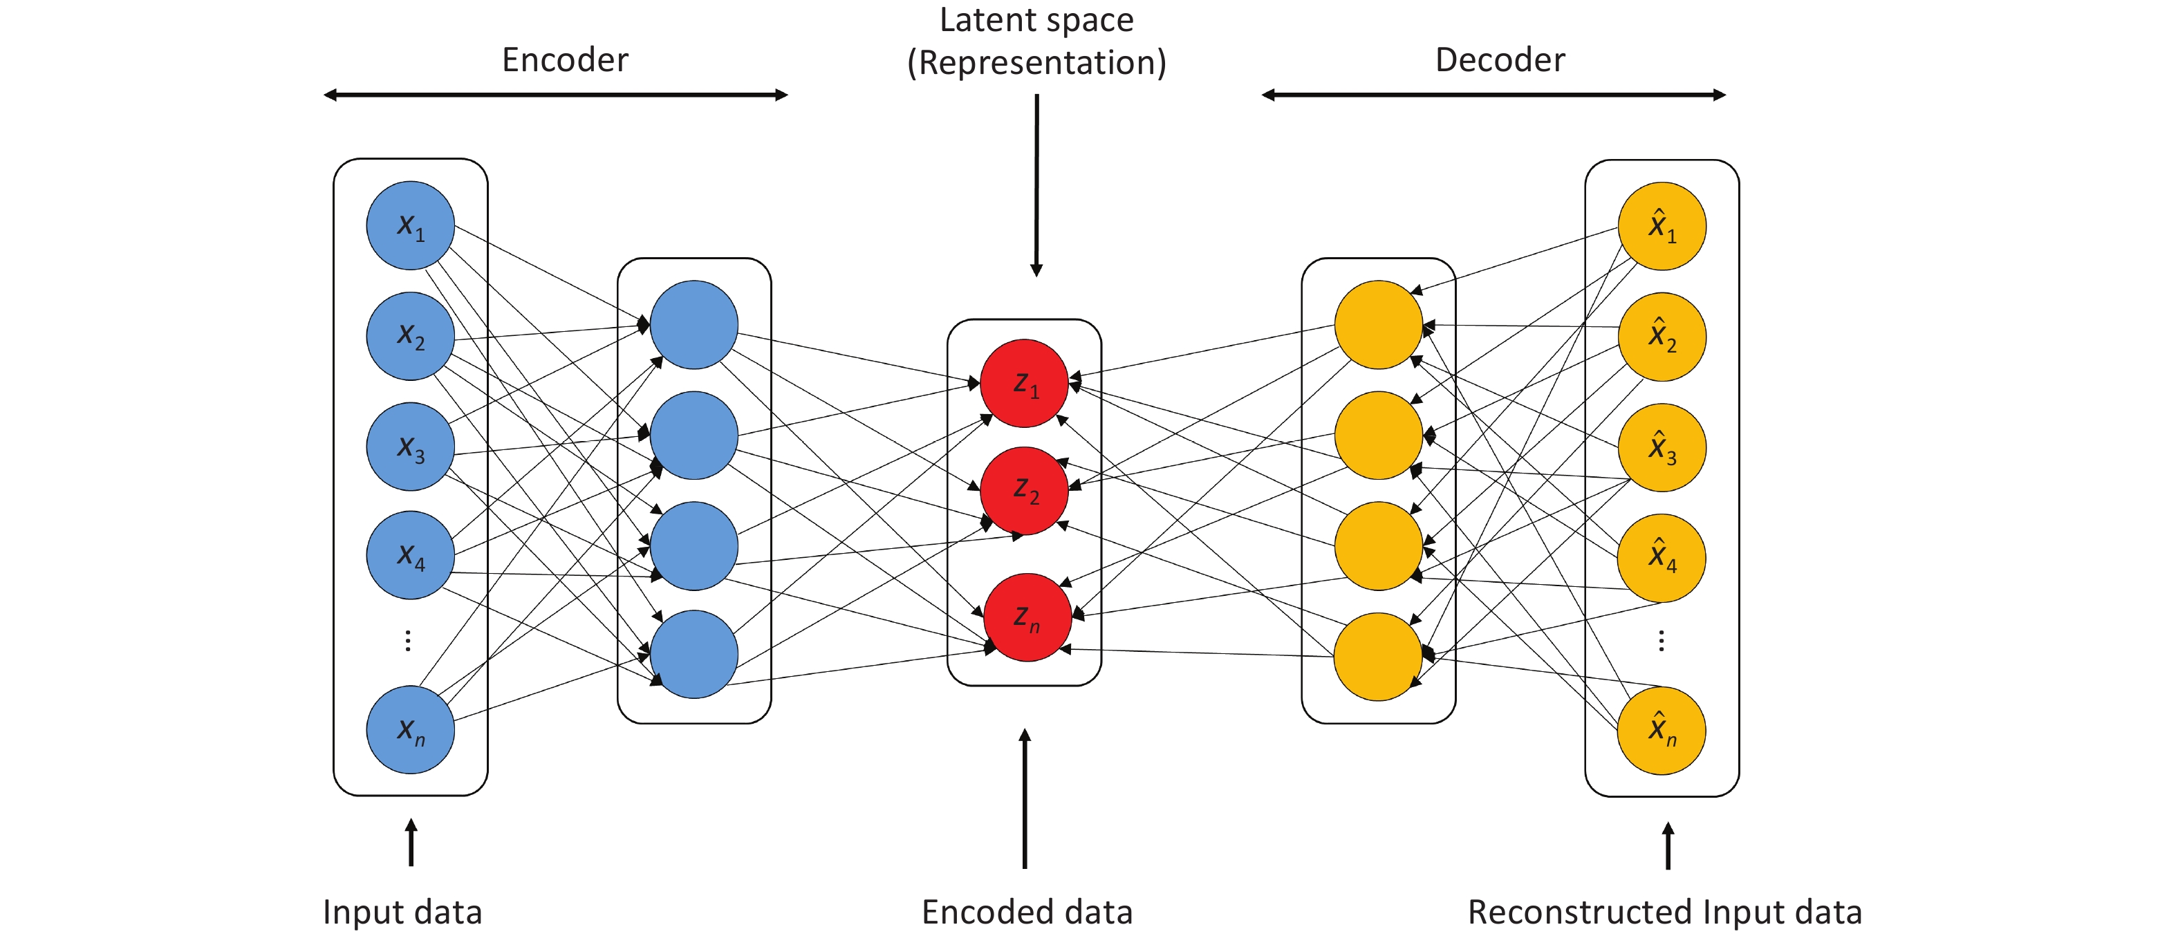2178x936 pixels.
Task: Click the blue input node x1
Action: pyautogui.click(x=410, y=226)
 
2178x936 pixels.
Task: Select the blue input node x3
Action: pyautogui.click(x=410, y=447)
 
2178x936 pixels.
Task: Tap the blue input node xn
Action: pyautogui.click(x=410, y=730)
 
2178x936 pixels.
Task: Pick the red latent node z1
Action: pyautogui.click(x=1024, y=383)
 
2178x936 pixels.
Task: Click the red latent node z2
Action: pyautogui.click(x=1024, y=490)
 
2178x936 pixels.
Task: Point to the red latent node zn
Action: pyautogui.click(x=1027, y=617)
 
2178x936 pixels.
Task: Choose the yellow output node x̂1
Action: pyautogui.click(x=1662, y=226)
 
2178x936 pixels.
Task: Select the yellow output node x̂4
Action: pyautogui.click(x=1661, y=558)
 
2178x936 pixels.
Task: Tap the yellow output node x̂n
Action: pyautogui.click(x=1661, y=731)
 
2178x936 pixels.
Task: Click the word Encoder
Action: pyautogui.click(x=565, y=60)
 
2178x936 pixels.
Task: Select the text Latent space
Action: pyautogui.click(x=1036, y=20)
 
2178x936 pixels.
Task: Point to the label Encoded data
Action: pyautogui.click(x=1027, y=912)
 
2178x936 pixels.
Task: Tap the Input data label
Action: pyautogui.click(x=402, y=912)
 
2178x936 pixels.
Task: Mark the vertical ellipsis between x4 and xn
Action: pyautogui.click(x=409, y=641)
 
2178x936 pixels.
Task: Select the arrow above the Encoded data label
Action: pyautogui.click(x=1025, y=798)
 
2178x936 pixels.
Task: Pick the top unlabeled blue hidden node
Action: pyautogui.click(x=694, y=325)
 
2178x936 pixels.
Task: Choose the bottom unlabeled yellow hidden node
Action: pyautogui.click(x=1378, y=657)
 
